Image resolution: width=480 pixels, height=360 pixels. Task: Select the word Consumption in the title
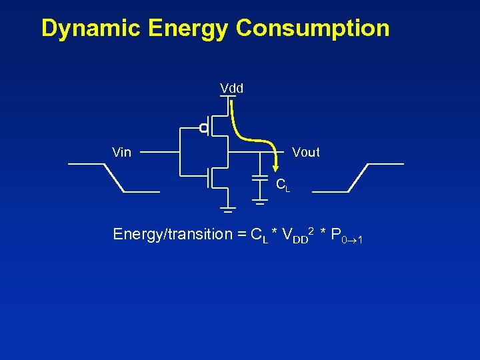(x=313, y=29)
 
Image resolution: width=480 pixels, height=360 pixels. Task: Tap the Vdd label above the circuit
(x=231, y=88)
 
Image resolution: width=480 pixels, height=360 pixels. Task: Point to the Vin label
(x=121, y=153)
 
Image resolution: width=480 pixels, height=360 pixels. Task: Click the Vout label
(x=305, y=153)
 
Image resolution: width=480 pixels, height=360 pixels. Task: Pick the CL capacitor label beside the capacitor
(x=283, y=185)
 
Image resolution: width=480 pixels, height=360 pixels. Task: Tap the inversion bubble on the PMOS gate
(x=203, y=128)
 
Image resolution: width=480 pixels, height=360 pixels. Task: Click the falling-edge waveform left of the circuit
(x=114, y=177)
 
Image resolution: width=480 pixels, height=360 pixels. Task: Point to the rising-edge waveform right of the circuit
(x=358, y=177)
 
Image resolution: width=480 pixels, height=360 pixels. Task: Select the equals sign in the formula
(x=241, y=235)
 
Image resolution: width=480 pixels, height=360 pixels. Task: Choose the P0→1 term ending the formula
(x=346, y=236)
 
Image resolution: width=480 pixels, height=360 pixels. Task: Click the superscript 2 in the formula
(x=311, y=230)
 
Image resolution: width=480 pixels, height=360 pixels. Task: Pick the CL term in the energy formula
(x=258, y=235)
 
